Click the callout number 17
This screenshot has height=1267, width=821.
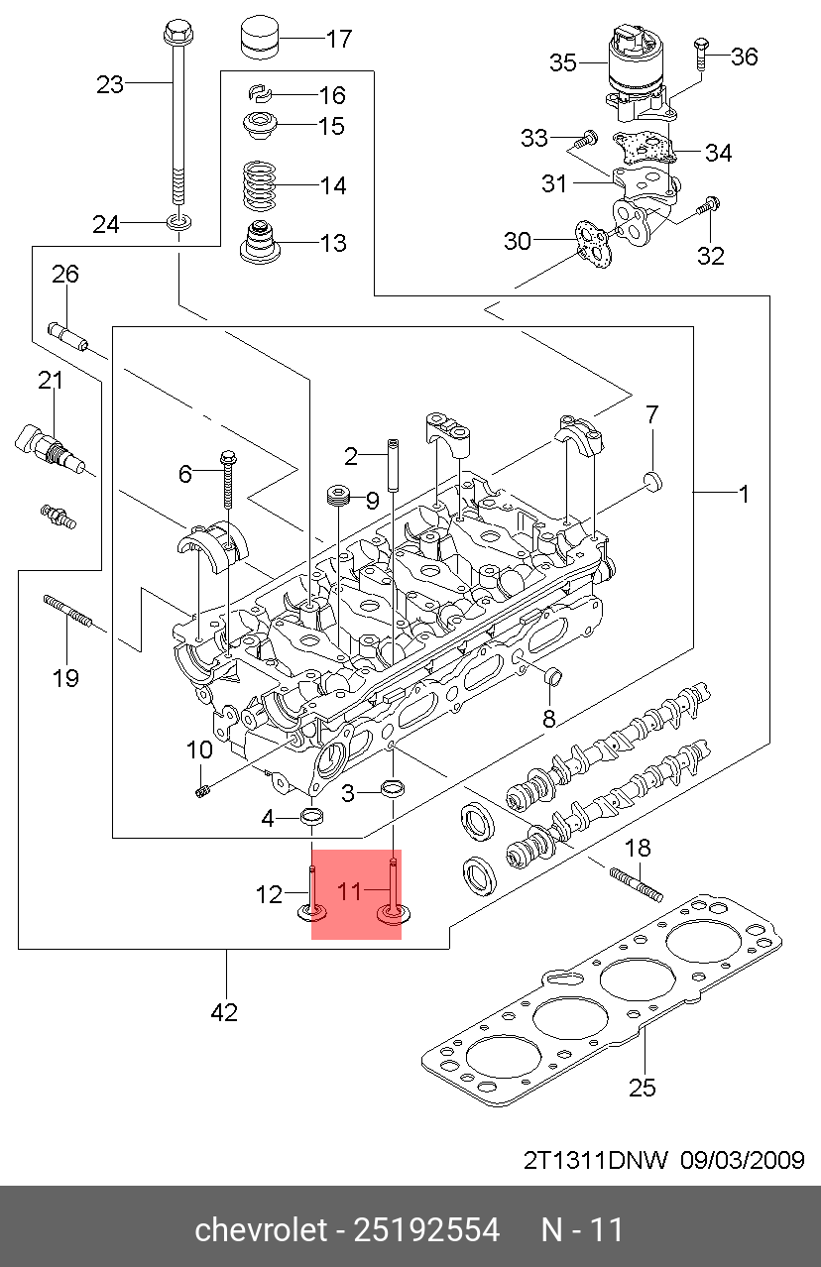pyautogui.click(x=339, y=39)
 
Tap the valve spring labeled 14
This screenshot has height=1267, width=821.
pyautogui.click(x=259, y=185)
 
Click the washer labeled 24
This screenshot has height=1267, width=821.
pyautogui.click(x=178, y=222)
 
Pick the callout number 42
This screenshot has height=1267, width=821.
pyautogui.click(x=224, y=1012)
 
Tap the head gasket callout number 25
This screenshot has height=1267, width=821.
pyautogui.click(x=643, y=1088)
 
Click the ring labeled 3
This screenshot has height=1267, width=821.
pyautogui.click(x=393, y=788)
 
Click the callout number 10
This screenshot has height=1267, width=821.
pyautogui.click(x=199, y=750)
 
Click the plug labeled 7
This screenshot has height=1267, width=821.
pyautogui.click(x=652, y=482)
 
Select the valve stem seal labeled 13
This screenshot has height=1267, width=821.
pyautogui.click(x=259, y=242)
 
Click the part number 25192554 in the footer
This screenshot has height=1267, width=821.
pyautogui.click(x=426, y=1229)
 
